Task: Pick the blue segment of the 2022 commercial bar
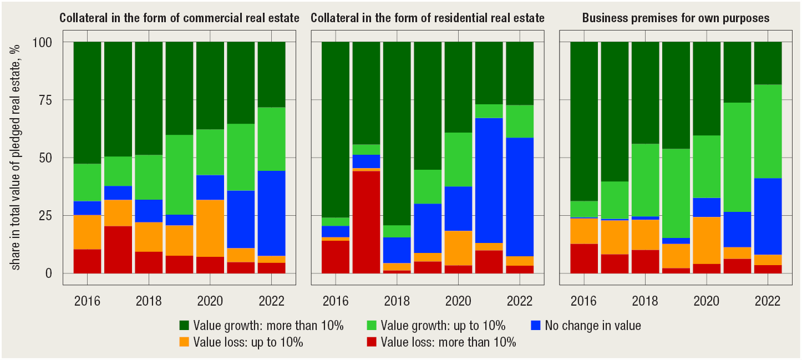272,213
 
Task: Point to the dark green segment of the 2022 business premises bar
768,63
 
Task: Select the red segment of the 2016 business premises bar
584,258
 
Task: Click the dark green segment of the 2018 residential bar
397,133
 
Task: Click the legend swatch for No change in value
535,325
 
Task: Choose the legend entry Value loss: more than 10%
448,342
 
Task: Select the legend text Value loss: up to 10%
248,342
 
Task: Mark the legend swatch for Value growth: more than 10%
184,325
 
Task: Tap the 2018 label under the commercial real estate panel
149,302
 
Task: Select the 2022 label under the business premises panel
768,302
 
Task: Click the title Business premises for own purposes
676,18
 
